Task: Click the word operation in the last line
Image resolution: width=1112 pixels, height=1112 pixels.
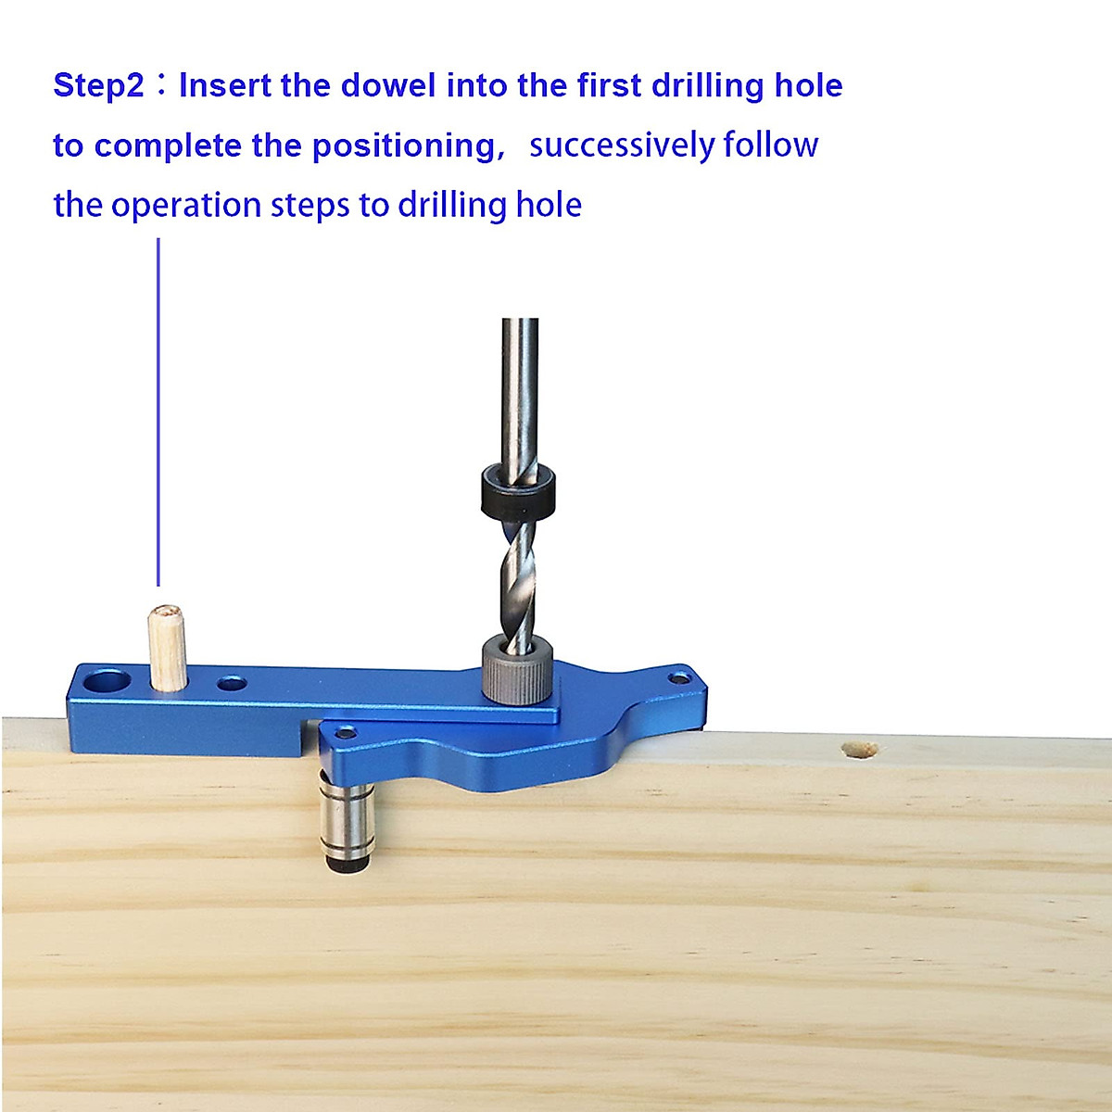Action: pyautogui.click(x=185, y=205)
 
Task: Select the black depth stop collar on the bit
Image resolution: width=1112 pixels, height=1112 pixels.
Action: pyautogui.click(x=518, y=492)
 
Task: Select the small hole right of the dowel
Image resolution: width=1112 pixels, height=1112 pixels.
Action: pyautogui.click(x=232, y=685)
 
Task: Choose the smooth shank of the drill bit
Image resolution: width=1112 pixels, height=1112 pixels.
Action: pyautogui.click(x=520, y=389)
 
